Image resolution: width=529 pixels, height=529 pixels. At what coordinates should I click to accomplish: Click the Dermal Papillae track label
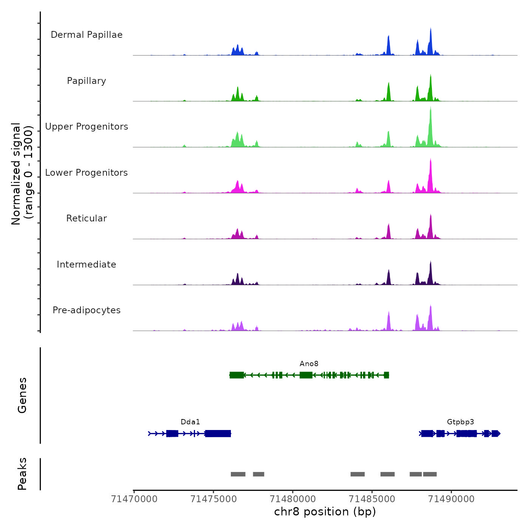pyautogui.click(x=87, y=35)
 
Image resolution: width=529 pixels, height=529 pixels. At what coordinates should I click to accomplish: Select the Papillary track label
pyautogui.click(x=87, y=81)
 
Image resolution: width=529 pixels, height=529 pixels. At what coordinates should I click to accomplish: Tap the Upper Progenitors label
pyautogui.click(x=87, y=127)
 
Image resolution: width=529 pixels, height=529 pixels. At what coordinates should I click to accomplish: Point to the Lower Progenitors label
pyautogui.click(x=87, y=173)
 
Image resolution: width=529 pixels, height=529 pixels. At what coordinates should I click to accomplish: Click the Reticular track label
pyautogui.click(x=87, y=218)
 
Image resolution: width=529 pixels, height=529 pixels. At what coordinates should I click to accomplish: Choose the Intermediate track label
pyautogui.click(x=87, y=264)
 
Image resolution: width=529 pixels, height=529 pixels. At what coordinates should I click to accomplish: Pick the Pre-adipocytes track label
pyautogui.click(x=87, y=310)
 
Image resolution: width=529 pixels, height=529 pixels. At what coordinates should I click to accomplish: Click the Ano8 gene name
pyautogui.click(x=309, y=364)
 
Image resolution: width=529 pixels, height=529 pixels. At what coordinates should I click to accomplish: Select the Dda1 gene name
pyautogui.click(x=190, y=422)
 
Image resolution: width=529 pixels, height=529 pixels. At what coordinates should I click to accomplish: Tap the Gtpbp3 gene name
pyautogui.click(x=460, y=422)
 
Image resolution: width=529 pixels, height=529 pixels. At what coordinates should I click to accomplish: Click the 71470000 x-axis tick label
pyautogui.click(x=134, y=499)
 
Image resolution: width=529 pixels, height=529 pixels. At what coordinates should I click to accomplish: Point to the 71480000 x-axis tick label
pyautogui.click(x=293, y=499)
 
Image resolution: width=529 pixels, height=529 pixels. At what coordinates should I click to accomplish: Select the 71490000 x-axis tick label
pyautogui.click(x=451, y=499)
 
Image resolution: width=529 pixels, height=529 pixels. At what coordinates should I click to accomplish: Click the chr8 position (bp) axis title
pyautogui.click(x=325, y=512)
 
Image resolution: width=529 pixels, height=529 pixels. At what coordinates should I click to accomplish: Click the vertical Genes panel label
pyautogui.click(x=22, y=395)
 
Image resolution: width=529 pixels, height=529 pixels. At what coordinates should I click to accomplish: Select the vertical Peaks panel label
pyautogui.click(x=22, y=474)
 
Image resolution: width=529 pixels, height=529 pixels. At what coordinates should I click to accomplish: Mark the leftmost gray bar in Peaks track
pyautogui.click(x=238, y=474)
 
